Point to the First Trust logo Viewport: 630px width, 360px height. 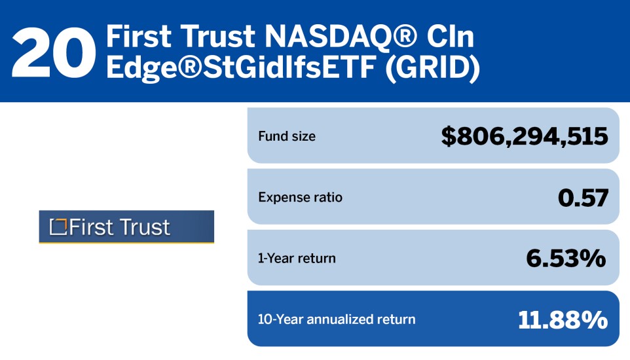[126, 227]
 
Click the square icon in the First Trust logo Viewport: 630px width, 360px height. [59, 226]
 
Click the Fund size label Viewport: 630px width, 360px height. [287, 137]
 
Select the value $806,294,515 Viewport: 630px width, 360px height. [524, 136]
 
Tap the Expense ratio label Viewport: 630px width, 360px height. [300, 197]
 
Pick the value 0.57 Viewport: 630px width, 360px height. [583, 197]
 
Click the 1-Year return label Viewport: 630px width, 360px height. [297, 258]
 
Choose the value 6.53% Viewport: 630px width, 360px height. [566, 258]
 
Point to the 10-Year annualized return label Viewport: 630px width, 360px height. [337, 319]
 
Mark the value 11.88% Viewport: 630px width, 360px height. [563, 319]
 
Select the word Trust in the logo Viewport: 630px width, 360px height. [145, 227]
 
